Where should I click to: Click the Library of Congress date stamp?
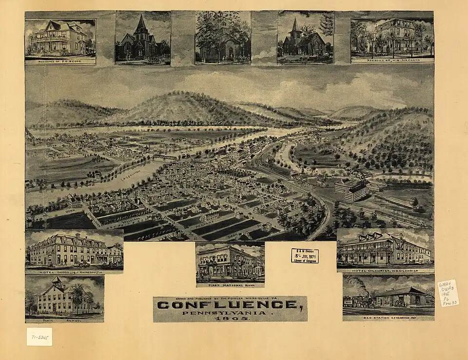(305, 256)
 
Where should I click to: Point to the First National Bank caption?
(230, 284)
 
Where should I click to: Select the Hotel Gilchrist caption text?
(385, 270)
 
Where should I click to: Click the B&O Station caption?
(388, 318)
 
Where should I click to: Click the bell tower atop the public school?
(58, 280)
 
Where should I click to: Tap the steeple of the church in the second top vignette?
(141, 23)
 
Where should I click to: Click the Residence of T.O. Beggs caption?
(60, 61)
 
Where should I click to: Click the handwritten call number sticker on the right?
(448, 293)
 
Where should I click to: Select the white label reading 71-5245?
(39, 337)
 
